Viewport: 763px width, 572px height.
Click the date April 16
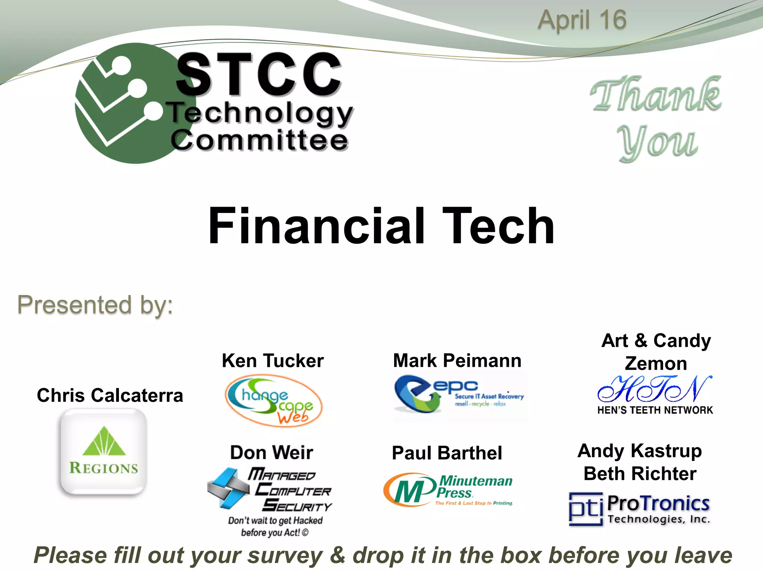coord(582,20)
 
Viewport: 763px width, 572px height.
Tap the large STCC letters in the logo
coord(259,74)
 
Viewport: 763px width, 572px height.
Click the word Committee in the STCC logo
coord(259,141)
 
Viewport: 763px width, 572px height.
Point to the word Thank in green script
coord(656,95)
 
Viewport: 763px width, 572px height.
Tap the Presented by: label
coord(95,305)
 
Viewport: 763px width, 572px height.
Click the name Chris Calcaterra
coord(110,395)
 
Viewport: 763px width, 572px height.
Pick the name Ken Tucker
coord(273,360)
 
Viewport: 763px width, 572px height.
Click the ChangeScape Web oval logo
coord(273,401)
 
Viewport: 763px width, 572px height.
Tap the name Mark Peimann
coord(457,360)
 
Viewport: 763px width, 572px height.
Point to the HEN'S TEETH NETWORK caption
coord(655,410)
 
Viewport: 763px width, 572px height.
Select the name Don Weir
coord(272,452)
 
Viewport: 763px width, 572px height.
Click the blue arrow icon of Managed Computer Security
coord(228,488)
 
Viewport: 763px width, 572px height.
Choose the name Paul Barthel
coord(447,453)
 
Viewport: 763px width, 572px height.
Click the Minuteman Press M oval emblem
coord(409,490)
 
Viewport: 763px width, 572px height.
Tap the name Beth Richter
coord(640,474)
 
